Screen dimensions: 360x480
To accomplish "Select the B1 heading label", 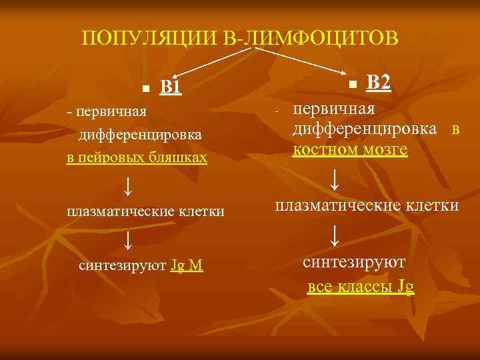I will [171, 87].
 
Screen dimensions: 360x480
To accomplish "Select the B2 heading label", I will [379, 82].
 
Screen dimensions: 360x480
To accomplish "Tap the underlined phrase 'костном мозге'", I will [350, 150].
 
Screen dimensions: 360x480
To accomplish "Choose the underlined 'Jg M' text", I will [187, 266].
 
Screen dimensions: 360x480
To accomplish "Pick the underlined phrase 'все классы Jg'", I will [361, 287].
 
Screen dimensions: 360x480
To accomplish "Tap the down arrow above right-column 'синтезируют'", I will [335, 234].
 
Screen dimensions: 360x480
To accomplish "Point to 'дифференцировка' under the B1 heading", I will [141, 135].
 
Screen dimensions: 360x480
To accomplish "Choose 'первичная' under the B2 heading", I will [334, 108].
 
